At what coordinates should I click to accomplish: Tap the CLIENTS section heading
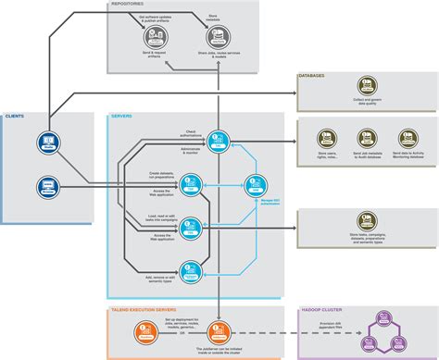click(15, 117)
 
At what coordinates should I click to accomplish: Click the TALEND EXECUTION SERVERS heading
click(145, 311)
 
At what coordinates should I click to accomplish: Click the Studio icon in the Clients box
click(47, 142)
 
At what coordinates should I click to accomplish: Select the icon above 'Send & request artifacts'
click(154, 35)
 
